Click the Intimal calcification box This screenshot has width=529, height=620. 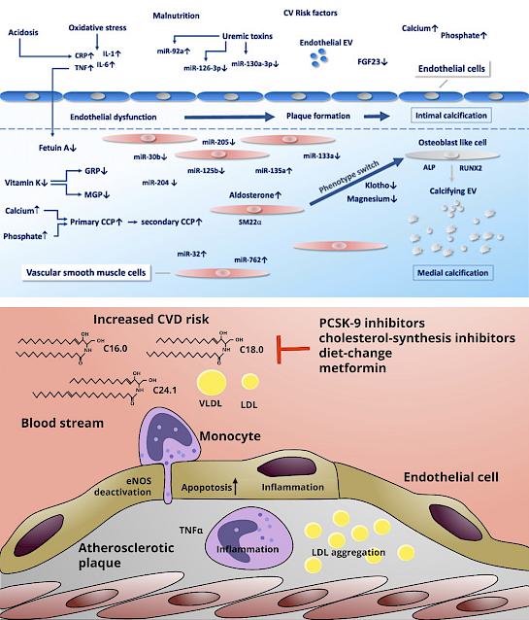point(451,116)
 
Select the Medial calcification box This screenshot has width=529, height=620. point(452,272)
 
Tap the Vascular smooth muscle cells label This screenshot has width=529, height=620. point(86,272)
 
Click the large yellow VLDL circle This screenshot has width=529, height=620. point(212,383)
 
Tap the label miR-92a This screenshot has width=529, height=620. point(174,51)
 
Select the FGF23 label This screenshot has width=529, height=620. point(373,61)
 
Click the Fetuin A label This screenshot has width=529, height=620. point(57,148)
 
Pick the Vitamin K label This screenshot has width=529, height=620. point(26,183)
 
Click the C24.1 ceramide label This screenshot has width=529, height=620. point(165,391)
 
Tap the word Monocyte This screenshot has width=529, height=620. point(230,436)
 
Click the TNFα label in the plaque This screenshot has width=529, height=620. point(191,530)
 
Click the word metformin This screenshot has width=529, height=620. point(352,367)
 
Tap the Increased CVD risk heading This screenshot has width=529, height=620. point(150,319)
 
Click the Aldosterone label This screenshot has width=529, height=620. point(255,195)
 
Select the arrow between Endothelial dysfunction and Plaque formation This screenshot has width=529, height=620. point(229,117)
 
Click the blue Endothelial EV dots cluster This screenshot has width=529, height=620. point(319,58)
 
